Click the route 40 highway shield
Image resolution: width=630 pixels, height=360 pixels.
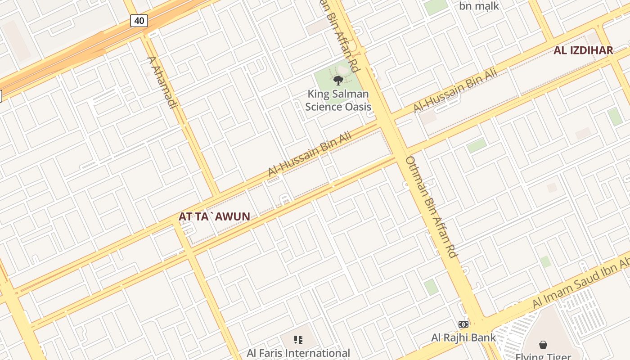(x=139, y=20)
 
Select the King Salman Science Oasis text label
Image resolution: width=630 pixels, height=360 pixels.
(x=338, y=100)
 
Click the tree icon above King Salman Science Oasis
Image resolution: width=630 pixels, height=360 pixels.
(x=338, y=81)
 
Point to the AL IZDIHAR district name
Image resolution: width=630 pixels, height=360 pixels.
(x=583, y=50)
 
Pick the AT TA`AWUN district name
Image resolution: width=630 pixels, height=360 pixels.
(x=214, y=216)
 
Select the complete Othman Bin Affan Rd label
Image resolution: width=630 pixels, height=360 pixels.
(x=432, y=207)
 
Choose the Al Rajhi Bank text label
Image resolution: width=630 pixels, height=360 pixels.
(x=463, y=337)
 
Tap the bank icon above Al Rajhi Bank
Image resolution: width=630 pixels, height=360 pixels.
(x=463, y=324)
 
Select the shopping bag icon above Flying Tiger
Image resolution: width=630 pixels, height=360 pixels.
(x=543, y=345)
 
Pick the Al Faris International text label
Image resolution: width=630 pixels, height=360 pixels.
(x=298, y=353)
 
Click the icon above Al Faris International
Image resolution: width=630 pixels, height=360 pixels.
(x=298, y=340)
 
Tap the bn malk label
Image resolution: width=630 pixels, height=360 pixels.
(x=479, y=6)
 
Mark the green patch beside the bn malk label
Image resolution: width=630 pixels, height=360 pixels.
(x=436, y=6)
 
